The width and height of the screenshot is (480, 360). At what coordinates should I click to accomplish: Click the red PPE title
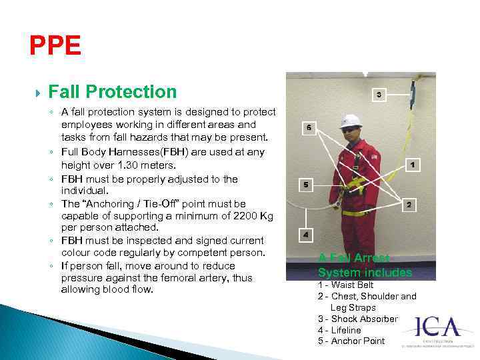point(55,46)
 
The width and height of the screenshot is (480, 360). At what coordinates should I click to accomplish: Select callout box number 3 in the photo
point(378,95)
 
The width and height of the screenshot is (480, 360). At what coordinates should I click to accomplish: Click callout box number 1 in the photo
point(413,164)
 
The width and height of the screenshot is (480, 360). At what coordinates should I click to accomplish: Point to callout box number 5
point(305,185)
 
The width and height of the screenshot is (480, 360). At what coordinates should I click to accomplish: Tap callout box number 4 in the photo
point(305,235)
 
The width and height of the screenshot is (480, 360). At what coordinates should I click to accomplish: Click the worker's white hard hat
point(349,121)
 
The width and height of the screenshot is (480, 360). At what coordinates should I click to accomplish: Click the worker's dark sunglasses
point(349,131)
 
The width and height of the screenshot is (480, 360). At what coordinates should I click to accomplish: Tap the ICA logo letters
point(438,327)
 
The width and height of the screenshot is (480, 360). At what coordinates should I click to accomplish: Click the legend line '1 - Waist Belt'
point(346,285)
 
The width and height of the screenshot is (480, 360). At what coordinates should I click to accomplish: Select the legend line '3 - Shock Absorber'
point(357,319)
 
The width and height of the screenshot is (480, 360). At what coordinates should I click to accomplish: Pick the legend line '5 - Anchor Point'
point(351,341)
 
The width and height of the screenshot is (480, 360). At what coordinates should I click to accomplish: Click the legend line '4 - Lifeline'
point(339,330)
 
